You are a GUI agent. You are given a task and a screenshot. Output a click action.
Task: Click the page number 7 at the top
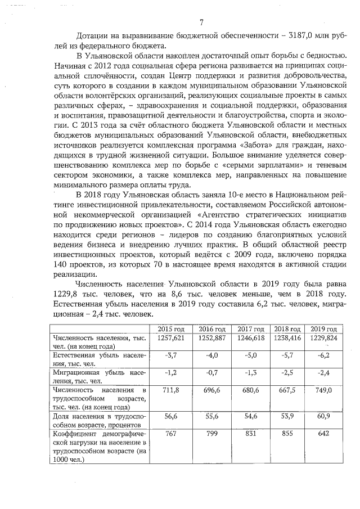[201, 22]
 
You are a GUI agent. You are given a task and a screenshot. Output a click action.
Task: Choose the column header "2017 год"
[251, 328]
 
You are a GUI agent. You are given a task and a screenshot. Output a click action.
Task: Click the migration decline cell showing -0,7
[211, 372]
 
